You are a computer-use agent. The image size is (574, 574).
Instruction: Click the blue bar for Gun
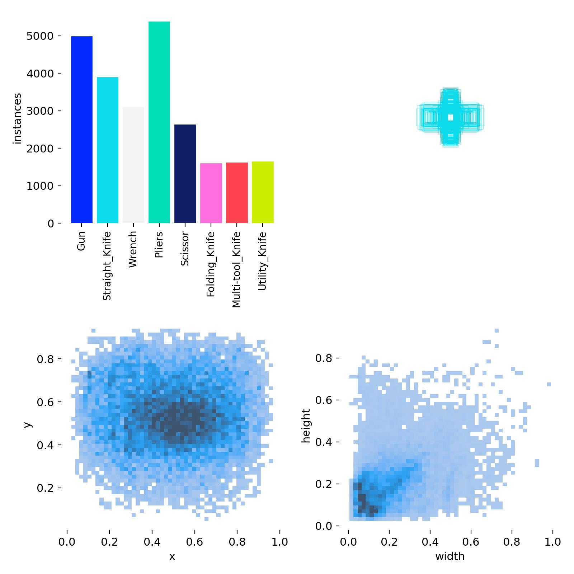pyautogui.click(x=82, y=130)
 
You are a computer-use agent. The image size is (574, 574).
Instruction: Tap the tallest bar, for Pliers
pyautogui.click(x=159, y=122)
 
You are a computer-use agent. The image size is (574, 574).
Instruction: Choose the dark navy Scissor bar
pyautogui.click(x=185, y=174)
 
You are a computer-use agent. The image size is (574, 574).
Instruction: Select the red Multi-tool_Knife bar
pyautogui.click(x=237, y=193)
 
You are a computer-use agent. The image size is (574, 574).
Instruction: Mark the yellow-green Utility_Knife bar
pyautogui.click(x=263, y=192)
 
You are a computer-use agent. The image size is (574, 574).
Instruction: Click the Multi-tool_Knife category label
pyautogui.click(x=236, y=269)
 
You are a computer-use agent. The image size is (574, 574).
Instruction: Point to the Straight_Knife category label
pyautogui.click(x=107, y=266)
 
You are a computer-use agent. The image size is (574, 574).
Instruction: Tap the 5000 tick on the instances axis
pyautogui.click(x=39, y=36)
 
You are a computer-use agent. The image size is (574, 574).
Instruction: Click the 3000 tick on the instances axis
pyautogui.click(x=39, y=111)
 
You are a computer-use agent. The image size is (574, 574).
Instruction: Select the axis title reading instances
pyautogui.click(x=17, y=118)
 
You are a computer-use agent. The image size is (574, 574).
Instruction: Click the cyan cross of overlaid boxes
pyautogui.click(x=451, y=117)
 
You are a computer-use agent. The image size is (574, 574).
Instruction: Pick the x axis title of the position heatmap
pyautogui.click(x=172, y=556)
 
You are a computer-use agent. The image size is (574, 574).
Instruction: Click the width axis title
pyautogui.click(x=450, y=556)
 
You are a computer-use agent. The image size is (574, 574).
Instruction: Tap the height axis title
pyautogui.click(x=306, y=426)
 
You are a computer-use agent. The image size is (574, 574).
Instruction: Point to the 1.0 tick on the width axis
pyautogui.click(x=552, y=541)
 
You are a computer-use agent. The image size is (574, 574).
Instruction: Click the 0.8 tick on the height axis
pyautogui.click(x=324, y=358)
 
